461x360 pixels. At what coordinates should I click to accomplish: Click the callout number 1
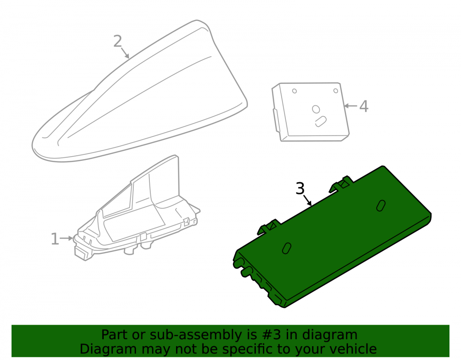click(x=55, y=239)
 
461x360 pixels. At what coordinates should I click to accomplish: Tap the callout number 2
click(x=118, y=41)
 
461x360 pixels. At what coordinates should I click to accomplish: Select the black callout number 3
click(x=300, y=189)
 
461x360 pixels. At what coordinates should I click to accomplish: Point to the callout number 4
click(x=364, y=106)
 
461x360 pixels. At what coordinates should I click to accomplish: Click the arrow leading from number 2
click(x=124, y=53)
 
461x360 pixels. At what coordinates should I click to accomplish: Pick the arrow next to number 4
click(x=351, y=106)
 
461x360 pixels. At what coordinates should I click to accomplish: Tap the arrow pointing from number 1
click(x=66, y=238)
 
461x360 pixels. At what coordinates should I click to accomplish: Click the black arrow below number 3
click(x=307, y=200)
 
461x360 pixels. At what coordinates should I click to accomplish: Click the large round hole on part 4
click(x=316, y=109)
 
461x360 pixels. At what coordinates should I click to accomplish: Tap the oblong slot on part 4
click(x=321, y=121)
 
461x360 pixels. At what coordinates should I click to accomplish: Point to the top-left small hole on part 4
click(x=294, y=91)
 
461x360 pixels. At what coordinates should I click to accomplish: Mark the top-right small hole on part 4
click(x=336, y=91)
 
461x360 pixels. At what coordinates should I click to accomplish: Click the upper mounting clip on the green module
click(x=341, y=184)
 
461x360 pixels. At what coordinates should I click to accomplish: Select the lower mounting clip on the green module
click(x=269, y=227)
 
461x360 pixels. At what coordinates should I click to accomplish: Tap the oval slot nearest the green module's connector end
click(x=287, y=248)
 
